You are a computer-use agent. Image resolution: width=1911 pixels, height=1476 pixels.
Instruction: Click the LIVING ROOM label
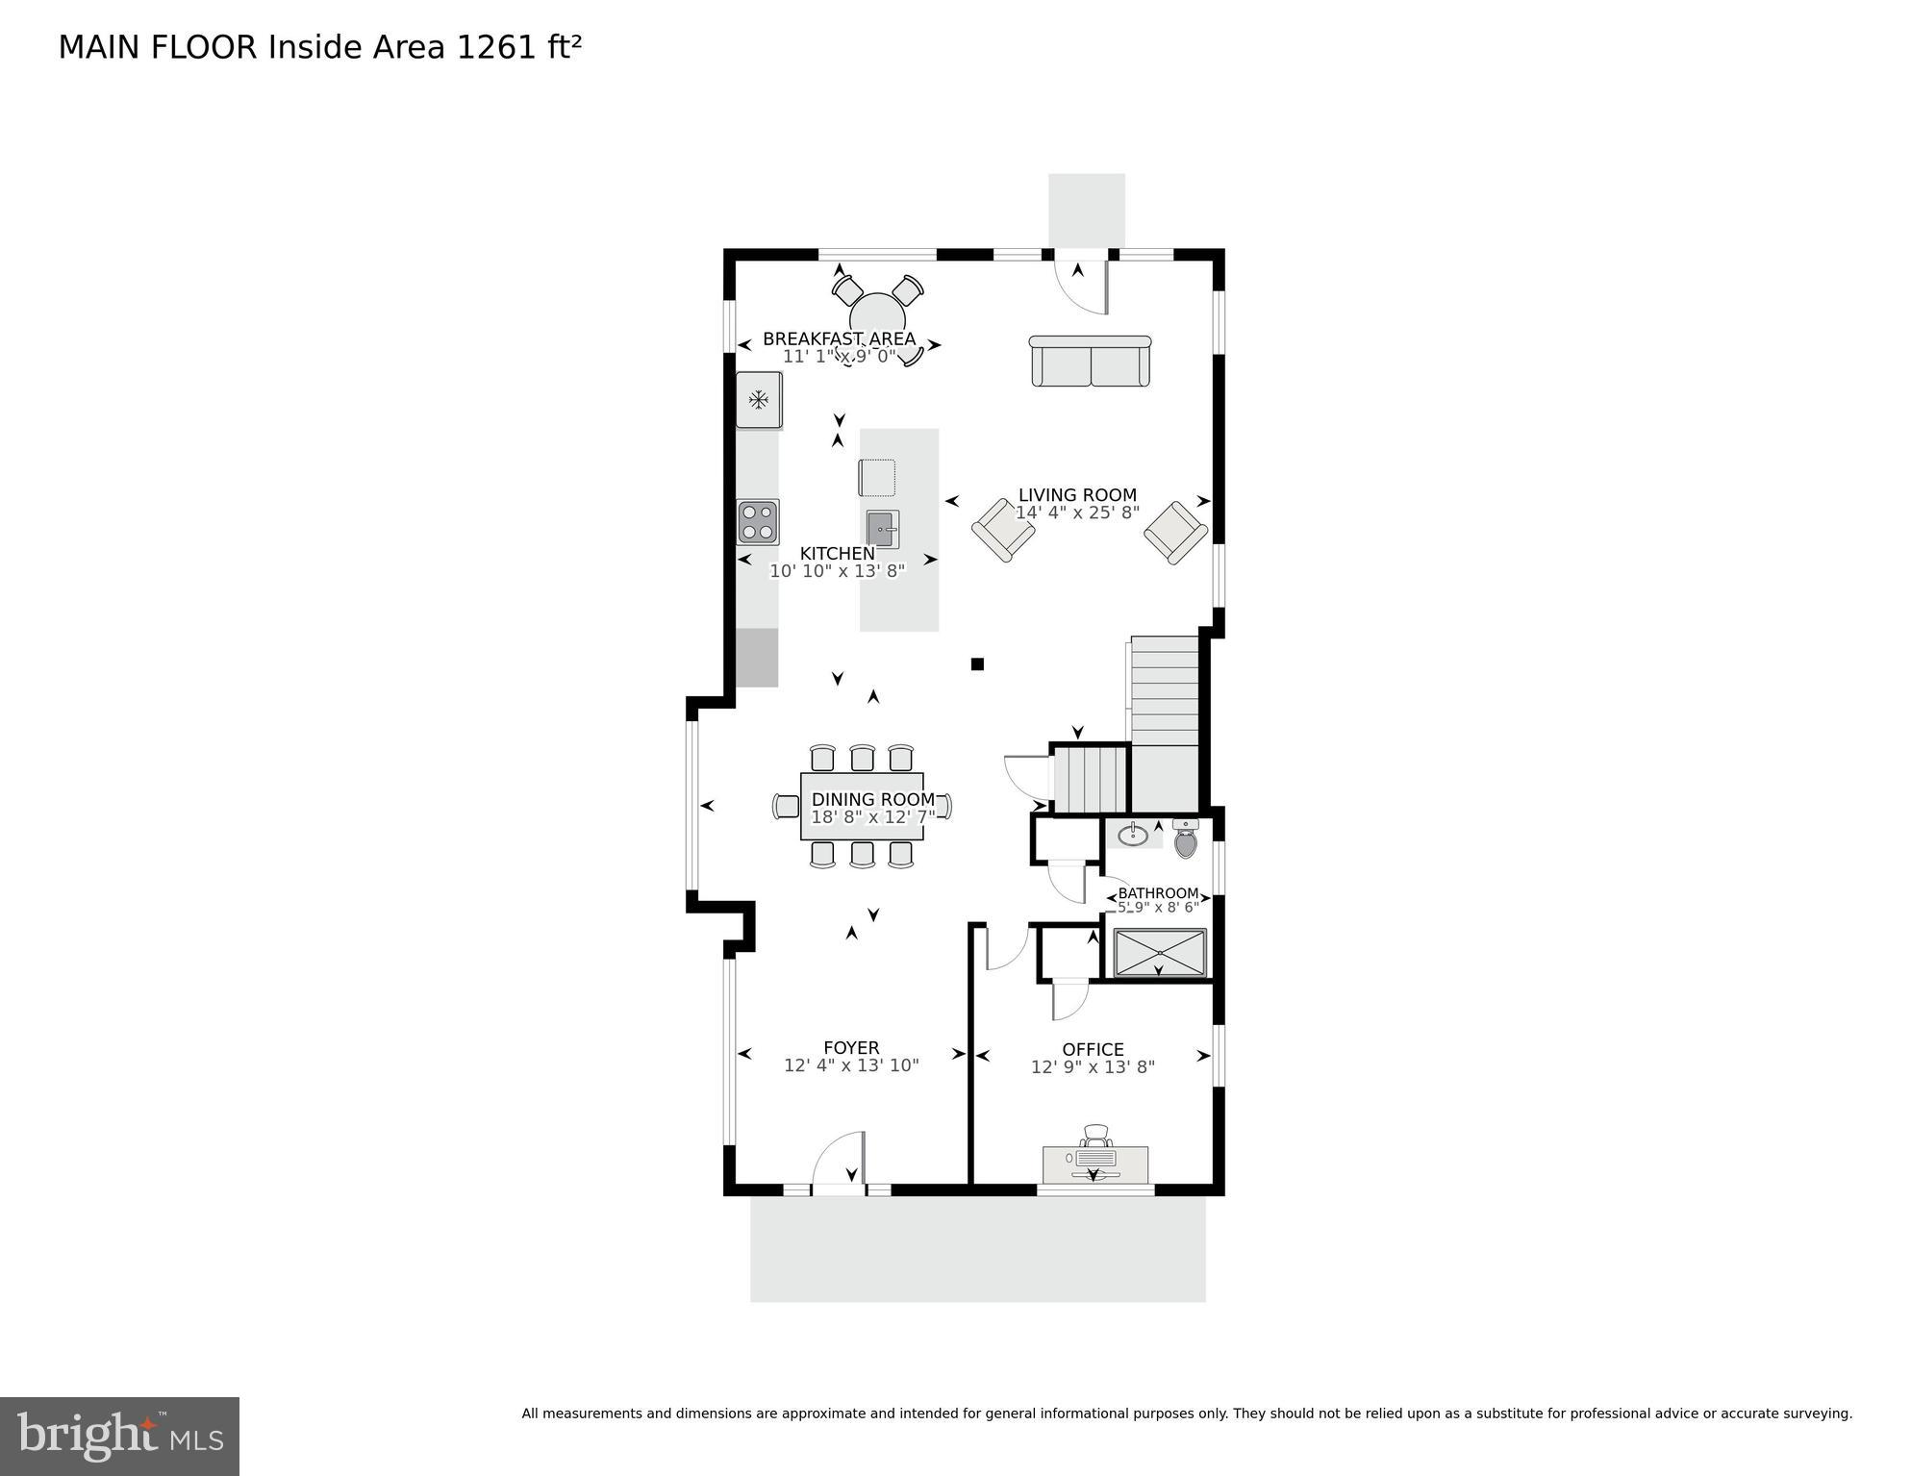pyautogui.click(x=1077, y=495)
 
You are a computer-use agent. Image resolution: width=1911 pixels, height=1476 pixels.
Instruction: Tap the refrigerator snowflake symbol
pyautogui.click(x=759, y=399)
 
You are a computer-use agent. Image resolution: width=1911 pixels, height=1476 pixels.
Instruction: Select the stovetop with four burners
pyautogui.click(x=758, y=522)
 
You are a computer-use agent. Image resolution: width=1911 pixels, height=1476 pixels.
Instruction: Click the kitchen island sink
pyautogui.click(x=882, y=529)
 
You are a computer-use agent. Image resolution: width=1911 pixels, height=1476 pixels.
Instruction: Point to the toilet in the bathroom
pyautogui.click(x=1186, y=841)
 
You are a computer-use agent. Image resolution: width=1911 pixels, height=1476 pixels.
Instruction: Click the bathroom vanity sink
pyautogui.click(x=1133, y=835)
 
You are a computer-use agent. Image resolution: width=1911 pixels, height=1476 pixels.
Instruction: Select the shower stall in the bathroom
pyautogui.click(x=1160, y=953)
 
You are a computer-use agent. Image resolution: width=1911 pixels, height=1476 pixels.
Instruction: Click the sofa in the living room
pyautogui.click(x=1090, y=363)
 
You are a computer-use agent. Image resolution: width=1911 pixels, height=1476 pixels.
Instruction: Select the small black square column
pyautogui.click(x=977, y=663)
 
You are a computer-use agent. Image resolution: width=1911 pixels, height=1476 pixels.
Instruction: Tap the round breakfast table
pyautogui.click(x=877, y=316)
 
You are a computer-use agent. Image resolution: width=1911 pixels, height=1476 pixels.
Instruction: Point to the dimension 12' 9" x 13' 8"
pyautogui.click(x=1093, y=1067)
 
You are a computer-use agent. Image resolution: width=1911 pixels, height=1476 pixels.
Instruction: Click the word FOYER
pyautogui.click(x=851, y=1048)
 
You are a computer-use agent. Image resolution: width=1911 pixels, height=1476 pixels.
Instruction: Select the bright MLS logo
pyautogui.click(x=119, y=1437)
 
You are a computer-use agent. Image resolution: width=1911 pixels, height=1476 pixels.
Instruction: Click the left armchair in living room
pyautogui.click(x=1003, y=529)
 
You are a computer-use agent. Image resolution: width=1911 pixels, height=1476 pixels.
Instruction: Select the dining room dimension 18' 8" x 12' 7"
pyautogui.click(x=872, y=817)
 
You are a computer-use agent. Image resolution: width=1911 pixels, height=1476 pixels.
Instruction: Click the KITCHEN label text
pyautogui.click(x=838, y=554)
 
